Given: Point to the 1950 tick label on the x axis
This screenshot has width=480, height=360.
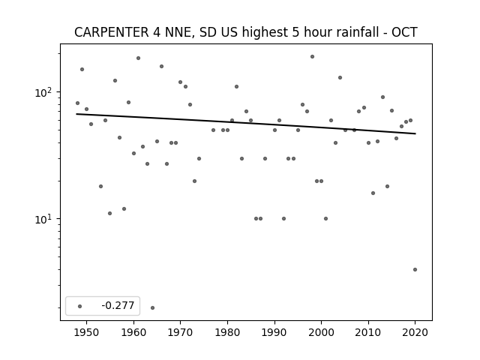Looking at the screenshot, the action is point(87,332).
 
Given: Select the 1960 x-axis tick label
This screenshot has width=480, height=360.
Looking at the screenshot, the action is point(133,332).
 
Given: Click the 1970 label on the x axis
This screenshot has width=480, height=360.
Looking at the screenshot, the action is point(180,332).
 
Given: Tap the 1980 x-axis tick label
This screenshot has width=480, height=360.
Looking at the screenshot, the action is point(227,332).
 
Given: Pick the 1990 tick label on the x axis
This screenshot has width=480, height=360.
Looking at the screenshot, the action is point(274,332).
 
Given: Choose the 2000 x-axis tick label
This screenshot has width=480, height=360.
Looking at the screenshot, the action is point(321,332).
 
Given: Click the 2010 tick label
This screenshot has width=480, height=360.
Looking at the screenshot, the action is point(368,332).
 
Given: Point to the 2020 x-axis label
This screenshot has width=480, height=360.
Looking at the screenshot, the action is point(415,332).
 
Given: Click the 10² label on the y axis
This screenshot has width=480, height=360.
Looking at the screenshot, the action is point(44,92).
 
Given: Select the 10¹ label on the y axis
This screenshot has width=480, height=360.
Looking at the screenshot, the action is point(44,219).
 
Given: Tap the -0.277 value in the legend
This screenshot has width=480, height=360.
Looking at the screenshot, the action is point(118,305).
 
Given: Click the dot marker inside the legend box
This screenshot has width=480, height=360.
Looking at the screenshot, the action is point(80,306).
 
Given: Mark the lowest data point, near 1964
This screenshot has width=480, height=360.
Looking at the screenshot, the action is point(152,307).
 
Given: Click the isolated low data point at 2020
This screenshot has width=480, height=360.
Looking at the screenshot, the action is point(415,269).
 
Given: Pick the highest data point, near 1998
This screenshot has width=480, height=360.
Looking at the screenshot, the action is point(312,57).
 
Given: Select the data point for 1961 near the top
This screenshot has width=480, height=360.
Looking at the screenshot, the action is point(138,58).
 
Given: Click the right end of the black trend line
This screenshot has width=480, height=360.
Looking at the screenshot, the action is point(415,133).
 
